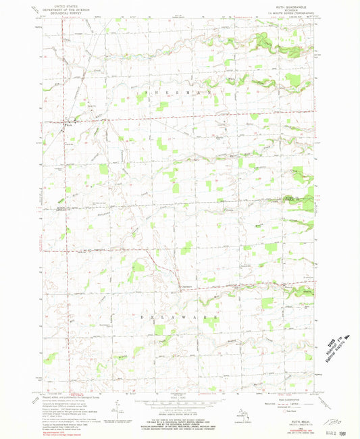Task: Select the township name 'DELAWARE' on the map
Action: pyautogui.click(x=179, y=315)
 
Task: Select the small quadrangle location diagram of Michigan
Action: pyautogui.click(x=246, y=410)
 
